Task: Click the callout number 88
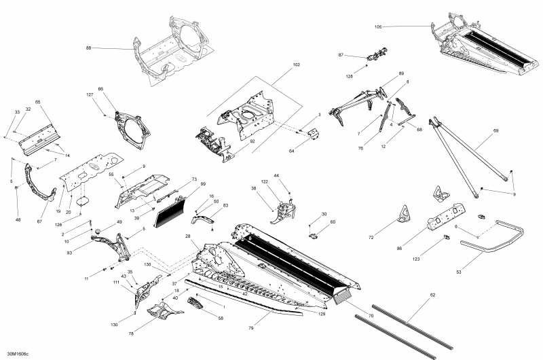coord(88,48)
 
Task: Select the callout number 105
coord(378,27)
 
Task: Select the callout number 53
coord(459,272)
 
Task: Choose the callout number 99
coord(202,184)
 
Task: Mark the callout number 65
coord(38,102)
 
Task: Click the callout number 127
coord(90,94)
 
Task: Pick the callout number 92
coord(252,142)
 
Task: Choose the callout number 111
coord(116,282)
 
